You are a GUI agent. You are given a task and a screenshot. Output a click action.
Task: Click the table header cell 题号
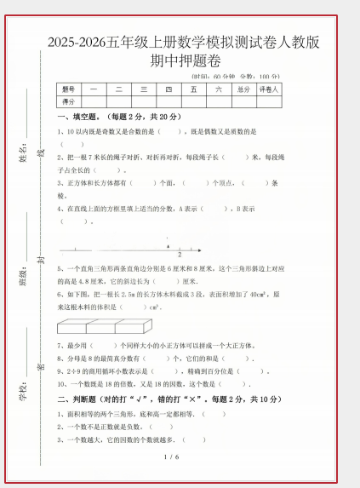pyautogui.click(x=69, y=89)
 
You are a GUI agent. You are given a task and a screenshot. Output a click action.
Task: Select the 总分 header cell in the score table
pyautogui.click(x=243, y=89)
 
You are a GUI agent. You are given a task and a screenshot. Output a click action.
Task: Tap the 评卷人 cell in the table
pyautogui.click(x=269, y=89)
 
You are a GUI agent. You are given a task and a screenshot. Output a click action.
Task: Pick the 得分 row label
pyautogui.click(x=69, y=101)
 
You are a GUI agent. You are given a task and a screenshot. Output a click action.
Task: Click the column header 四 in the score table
pyautogui.click(x=169, y=89)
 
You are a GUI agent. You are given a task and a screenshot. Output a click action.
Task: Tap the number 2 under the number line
pyautogui.click(x=180, y=255)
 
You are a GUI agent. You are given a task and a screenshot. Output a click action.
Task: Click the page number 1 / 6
pyautogui.click(x=170, y=457)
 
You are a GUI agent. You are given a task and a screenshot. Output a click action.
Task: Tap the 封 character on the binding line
pyautogui.click(x=40, y=260)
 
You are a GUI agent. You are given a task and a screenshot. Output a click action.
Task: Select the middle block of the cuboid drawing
pyautogui.click(x=100, y=325)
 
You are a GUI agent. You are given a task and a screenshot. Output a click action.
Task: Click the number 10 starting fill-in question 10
pyautogui.click(x=60, y=384)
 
